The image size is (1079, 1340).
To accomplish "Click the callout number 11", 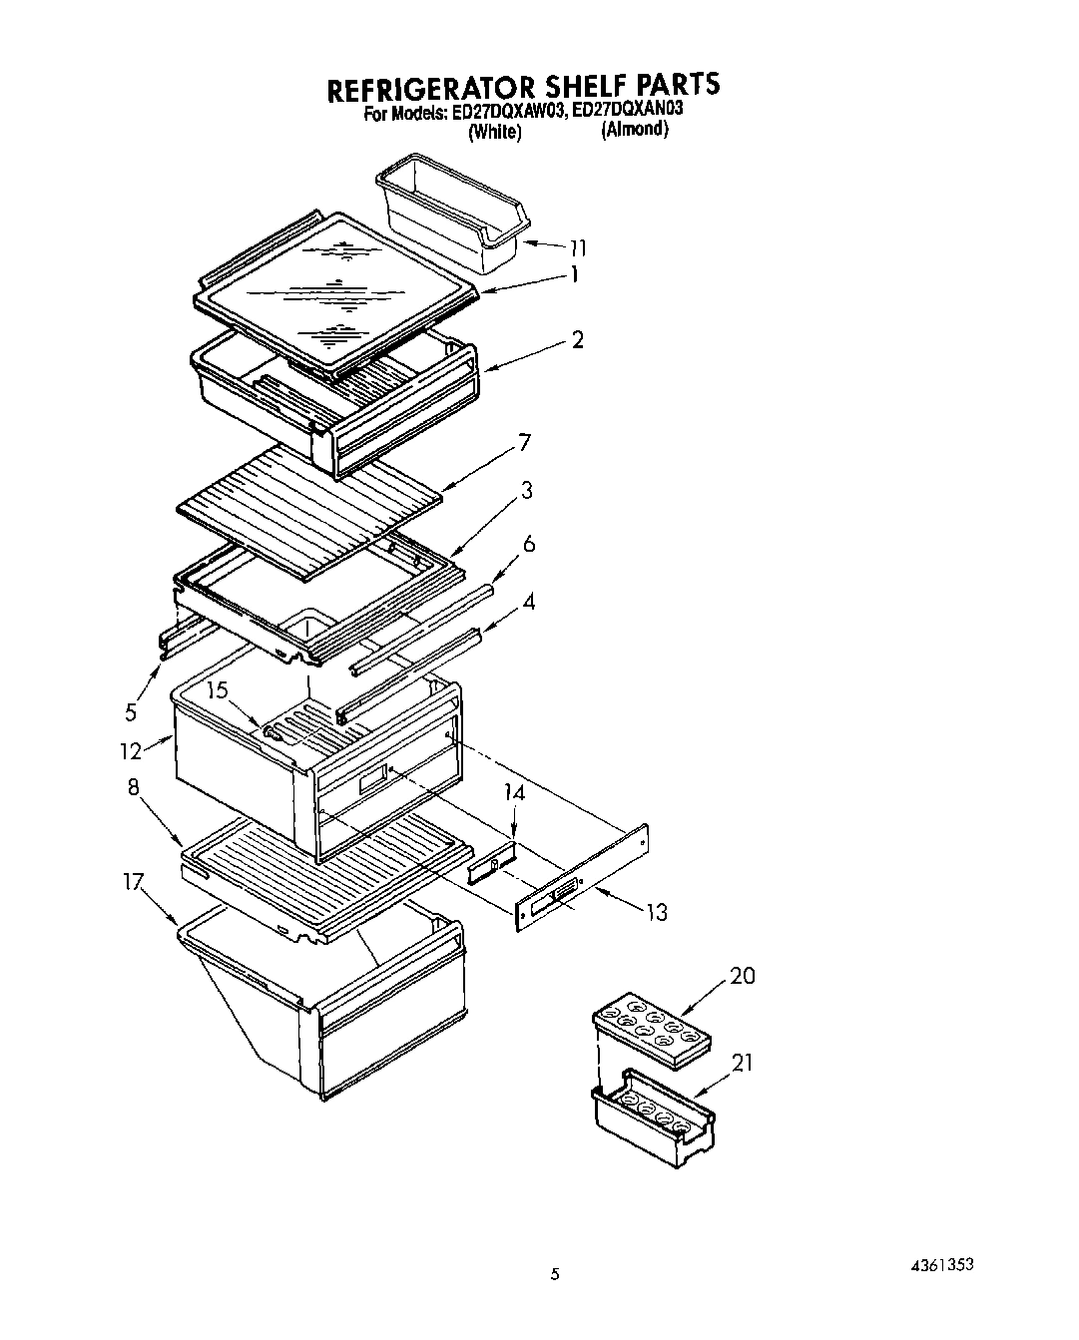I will pyautogui.click(x=577, y=248).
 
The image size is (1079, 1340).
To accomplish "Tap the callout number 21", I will pyautogui.click(x=742, y=1064).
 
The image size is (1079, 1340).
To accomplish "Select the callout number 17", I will pyautogui.click(x=134, y=881).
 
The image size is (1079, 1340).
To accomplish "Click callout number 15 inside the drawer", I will pyautogui.click(x=218, y=689).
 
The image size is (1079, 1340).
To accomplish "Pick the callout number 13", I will pyautogui.click(x=656, y=911).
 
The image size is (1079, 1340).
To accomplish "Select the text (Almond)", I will pyautogui.click(x=634, y=130).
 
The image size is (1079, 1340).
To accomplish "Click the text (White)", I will pyautogui.click(x=495, y=132).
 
